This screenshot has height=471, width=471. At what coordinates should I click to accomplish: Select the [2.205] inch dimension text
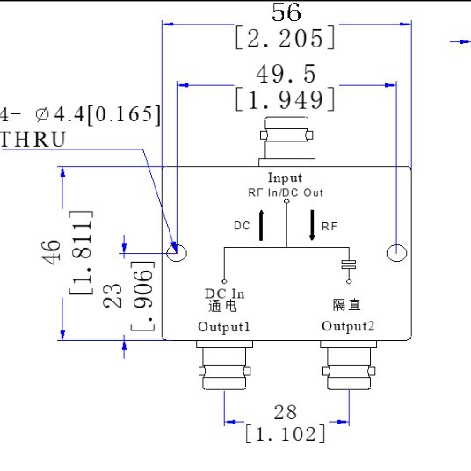(x=286, y=38)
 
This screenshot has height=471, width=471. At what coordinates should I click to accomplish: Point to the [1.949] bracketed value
(x=286, y=100)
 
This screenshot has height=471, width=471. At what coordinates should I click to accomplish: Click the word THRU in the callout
(x=33, y=140)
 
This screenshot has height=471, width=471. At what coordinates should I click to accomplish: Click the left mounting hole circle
(x=177, y=253)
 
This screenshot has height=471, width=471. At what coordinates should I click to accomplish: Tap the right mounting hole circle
(x=398, y=253)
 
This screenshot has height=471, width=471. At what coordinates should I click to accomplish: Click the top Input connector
(x=286, y=146)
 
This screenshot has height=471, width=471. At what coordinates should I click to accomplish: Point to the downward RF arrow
(x=312, y=226)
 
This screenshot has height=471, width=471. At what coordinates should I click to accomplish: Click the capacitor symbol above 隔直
(x=349, y=265)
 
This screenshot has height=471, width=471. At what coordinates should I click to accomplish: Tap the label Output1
(x=224, y=327)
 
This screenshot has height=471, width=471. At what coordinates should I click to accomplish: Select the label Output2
(x=349, y=327)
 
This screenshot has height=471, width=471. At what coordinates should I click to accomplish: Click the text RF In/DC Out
(x=286, y=191)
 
